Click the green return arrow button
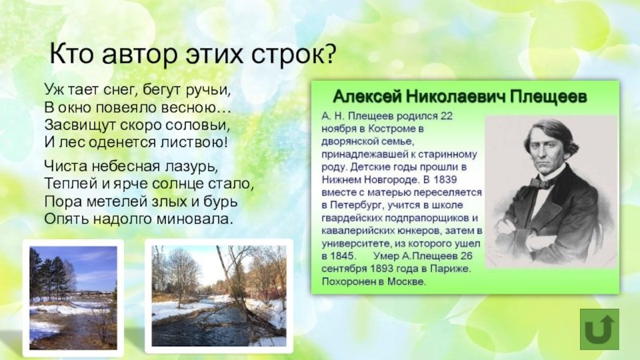[x=599, y=329]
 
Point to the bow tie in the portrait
[x=541, y=183]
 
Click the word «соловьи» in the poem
[x=196, y=125]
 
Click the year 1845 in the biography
[x=339, y=256]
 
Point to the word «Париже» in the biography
[x=453, y=270]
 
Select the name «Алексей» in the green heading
[x=366, y=97]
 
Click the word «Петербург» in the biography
[x=354, y=206]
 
